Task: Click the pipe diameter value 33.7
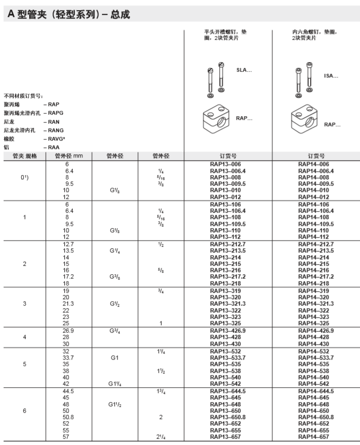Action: (x=66, y=358)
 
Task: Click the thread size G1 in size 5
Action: (x=115, y=358)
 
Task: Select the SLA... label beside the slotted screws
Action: (x=244, y=69)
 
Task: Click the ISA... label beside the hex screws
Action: (x=331, y=76)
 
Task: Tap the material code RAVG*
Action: (x=54, y=139)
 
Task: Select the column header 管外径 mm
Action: (x=69, y=156)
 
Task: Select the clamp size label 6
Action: (x=24, y=411)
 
